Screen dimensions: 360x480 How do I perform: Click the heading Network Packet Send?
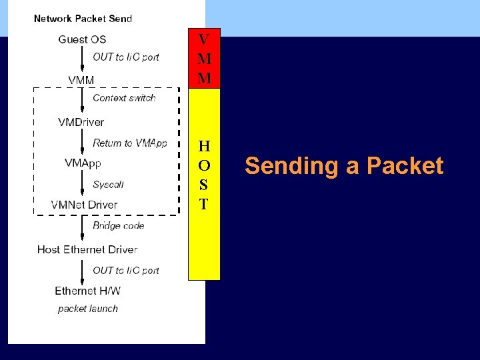[x=83, y=19]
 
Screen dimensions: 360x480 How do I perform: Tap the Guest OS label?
[x=82, y=39]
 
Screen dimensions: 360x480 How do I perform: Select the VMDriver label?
[x=81, y=122]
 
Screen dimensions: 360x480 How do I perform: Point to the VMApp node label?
[x=83, y=163]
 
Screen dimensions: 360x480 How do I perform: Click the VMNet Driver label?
[x=84, y=205]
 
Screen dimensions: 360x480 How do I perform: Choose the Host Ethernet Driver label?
[x=87, y=249]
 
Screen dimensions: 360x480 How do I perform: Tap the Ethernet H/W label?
[x=87, y=291]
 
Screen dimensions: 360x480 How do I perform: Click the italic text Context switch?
[x=124, y=98]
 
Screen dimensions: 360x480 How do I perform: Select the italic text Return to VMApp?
[x=129, y=143]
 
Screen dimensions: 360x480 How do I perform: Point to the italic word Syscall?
[x=108, y=184]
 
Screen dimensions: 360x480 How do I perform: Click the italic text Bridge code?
[x=119, y=225]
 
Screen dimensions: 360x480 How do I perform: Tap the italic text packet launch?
[x=88, y=309]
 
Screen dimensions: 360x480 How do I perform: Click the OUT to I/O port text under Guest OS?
[x=125, y=57]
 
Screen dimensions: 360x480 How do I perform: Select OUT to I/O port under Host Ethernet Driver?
[x=125, y=270]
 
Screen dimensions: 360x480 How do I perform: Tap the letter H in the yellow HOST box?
[x=204, y=146]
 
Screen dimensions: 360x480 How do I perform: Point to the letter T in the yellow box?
[x=204, y=205]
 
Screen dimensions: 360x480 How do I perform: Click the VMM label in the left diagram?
[x=81, y=81]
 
